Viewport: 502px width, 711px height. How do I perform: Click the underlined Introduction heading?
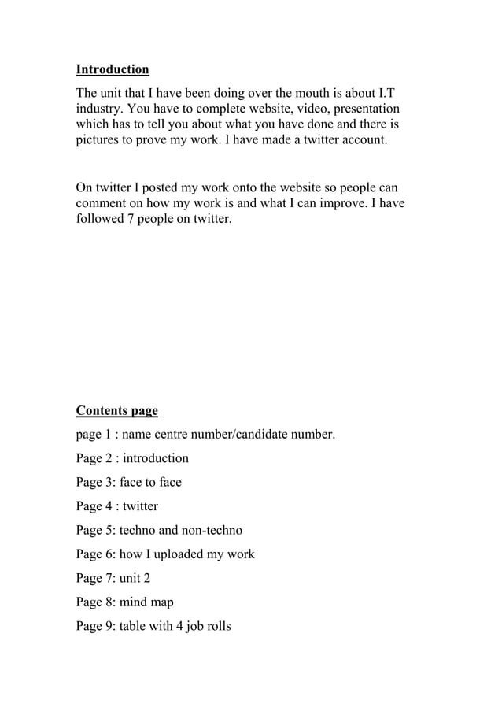[x=112, y=69]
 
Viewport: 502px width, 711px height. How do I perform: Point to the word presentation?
[x=363, y=108]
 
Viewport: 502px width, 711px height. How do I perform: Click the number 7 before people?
[x=131, y=220]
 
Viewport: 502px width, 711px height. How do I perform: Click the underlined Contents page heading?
[x=116, y=411]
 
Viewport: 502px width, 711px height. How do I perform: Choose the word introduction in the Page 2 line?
[x=155, y=458]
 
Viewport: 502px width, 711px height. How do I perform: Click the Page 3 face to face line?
[x=128, y=482]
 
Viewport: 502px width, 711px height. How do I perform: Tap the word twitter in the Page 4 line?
[x=140, y=506]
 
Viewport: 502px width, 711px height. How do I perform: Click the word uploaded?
[x=171, y=554]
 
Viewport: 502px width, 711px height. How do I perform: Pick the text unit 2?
[x=135, y=579]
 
